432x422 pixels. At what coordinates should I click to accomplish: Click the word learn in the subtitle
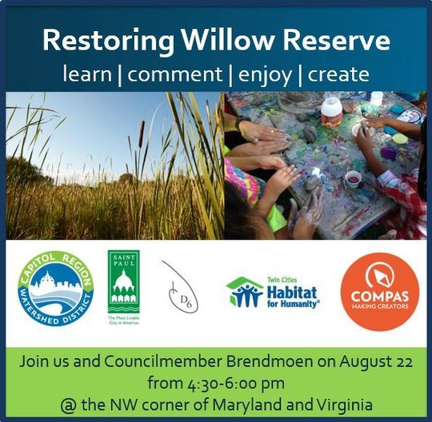87,74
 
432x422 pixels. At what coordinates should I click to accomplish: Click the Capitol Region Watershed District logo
56,288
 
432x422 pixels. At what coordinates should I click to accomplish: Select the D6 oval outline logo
180,286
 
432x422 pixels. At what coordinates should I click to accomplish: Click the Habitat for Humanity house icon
244,293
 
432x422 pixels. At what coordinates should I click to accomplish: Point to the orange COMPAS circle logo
379,292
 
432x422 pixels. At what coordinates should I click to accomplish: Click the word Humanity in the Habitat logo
299,305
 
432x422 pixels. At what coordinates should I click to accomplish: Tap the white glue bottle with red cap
331,112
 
